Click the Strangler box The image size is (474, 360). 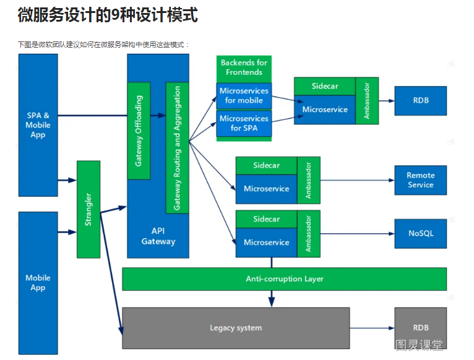pos(88,209)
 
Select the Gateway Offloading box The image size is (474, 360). pos(139,131)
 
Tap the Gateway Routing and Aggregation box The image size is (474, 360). pos(177,148)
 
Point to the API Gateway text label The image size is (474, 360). pos(158,236)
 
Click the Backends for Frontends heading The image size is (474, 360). pos(244,67)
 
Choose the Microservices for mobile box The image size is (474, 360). pos(244,96)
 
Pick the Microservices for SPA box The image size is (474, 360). pos(244,123)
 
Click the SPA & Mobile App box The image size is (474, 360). pos(38,125)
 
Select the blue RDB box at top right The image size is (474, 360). pos(420,100)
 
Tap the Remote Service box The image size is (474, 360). pos(420,180)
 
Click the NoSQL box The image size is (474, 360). pos(420,233)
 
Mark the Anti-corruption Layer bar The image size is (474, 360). pos(284,279)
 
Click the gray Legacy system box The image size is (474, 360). pos(236,328)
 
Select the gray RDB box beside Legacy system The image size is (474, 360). pos(420,328)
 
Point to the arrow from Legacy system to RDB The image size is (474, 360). pos(371,328)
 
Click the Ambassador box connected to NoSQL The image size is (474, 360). pos(309,234)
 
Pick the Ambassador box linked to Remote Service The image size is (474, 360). pos(309,180)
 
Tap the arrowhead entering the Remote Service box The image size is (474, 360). pos(391,180)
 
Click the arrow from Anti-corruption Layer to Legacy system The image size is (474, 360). pos(271,298)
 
